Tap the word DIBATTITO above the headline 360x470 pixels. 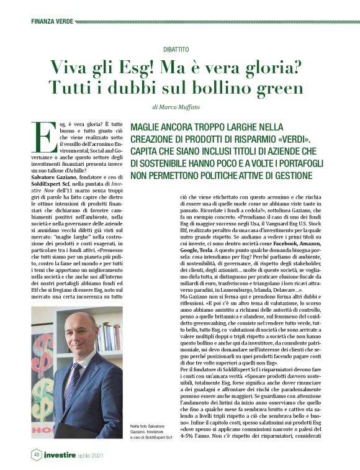pos(180,48)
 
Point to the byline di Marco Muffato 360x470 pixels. pos(180,107)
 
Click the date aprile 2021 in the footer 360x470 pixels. pos(100,456)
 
